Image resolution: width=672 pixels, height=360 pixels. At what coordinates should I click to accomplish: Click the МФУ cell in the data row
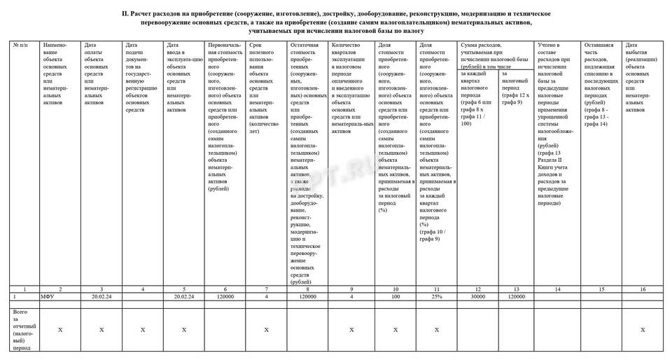point(48,297)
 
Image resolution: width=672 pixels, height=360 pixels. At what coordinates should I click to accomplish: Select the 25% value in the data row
point(435,297)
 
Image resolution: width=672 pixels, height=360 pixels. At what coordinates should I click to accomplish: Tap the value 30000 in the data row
point(477,297)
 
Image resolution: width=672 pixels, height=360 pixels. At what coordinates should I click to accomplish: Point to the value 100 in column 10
point(395,297)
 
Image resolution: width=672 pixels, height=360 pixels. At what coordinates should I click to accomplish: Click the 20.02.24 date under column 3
point(102,297)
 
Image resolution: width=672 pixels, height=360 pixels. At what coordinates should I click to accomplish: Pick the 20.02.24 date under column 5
point(184,297)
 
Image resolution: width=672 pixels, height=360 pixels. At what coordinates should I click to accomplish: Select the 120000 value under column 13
point(517,297)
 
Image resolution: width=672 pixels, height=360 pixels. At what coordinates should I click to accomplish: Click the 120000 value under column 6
point(225,297)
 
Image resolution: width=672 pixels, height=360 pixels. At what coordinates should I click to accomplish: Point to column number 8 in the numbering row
point(307,289)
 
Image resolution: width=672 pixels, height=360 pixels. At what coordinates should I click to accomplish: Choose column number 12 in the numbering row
point(477,289)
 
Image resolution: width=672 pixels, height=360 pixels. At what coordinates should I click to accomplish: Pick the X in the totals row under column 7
point(265,328)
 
